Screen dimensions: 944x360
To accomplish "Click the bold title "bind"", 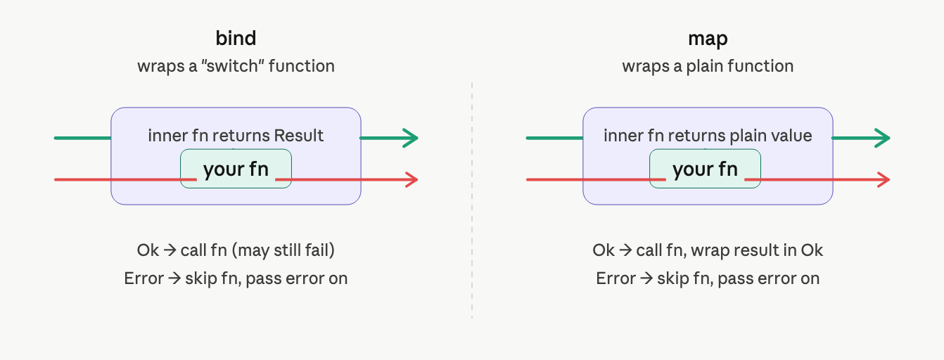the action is pos(236,38).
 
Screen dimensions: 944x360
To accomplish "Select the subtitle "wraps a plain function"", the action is pos(708,67).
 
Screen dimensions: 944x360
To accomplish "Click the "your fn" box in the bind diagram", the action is pos(236,169).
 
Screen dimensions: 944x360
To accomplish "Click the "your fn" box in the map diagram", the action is pos(705,169).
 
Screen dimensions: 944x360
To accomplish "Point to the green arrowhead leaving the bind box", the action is pos(410,138).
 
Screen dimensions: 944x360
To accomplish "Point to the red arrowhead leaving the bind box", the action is pos(412,180).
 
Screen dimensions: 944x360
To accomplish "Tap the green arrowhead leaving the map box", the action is pos(882,138).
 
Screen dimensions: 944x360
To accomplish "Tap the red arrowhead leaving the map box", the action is pos(884,180).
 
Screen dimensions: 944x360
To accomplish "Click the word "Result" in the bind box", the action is pos(299,136).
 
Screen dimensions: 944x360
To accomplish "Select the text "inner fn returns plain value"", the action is pos(708,136).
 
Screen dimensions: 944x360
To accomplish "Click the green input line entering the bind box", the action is pos(82,138).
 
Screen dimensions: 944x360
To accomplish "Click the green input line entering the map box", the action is pos(554,138).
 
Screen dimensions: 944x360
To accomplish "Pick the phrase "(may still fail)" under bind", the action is pos(283,250).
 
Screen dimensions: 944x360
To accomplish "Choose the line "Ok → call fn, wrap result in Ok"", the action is pos(708,250).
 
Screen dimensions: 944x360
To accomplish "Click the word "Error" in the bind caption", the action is pos(143,278).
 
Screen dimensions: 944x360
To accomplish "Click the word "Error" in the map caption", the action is pos(615,278).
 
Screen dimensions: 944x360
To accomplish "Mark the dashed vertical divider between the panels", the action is pos(472,200).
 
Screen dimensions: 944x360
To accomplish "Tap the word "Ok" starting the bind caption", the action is pos(148,250).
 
